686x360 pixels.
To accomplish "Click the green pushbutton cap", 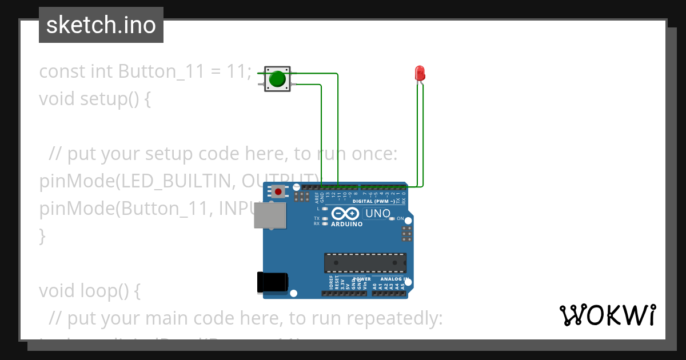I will tap(277, 79).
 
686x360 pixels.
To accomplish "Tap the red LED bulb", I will tap(419, 73).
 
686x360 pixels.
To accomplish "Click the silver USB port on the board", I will tap(269, 216).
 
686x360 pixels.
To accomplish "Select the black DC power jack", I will tap(272, 283).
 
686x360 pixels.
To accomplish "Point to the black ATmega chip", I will tap(365, 262).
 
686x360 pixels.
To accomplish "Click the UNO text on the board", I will tap(378, 214).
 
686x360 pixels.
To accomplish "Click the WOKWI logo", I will tap(607, 315).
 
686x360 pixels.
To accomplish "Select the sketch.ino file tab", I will tap(101, 25).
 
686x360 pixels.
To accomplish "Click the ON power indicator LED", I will tap(392, 219).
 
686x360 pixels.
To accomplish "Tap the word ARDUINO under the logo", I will tap(346, 224).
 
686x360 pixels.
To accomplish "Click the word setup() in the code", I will tap(108, 99).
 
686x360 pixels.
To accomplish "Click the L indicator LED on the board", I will tap(325, 209).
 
